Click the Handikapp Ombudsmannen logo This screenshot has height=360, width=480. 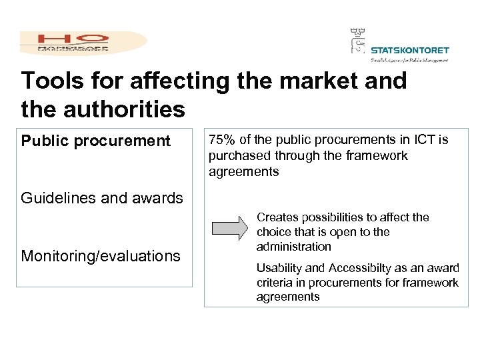coord(83,42)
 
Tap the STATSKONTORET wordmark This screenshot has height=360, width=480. coord(409,50)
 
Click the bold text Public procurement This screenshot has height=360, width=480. coord(96,141)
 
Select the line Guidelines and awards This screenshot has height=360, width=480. coord(102,198)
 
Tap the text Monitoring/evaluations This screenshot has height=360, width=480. coord(101,256)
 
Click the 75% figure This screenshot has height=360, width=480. coord(223,140)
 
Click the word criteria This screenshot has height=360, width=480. coord(274,283)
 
